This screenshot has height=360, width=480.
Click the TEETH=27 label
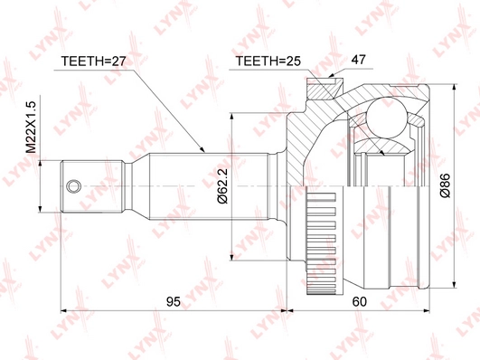[x=93, y=62]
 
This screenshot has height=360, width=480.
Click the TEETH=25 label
[x=268, y=62]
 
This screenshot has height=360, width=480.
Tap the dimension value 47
[x=358, y=60]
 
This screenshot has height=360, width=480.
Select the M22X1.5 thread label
[x=31, y=128]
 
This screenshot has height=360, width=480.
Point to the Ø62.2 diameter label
[x=222, y=186]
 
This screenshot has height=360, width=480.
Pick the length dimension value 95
[x=174, y=302]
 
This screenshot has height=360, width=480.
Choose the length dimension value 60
[x=359, y=302]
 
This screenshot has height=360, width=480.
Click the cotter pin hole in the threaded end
[x=74, y=186]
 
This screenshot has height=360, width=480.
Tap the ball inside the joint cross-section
[x=388, y=118]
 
